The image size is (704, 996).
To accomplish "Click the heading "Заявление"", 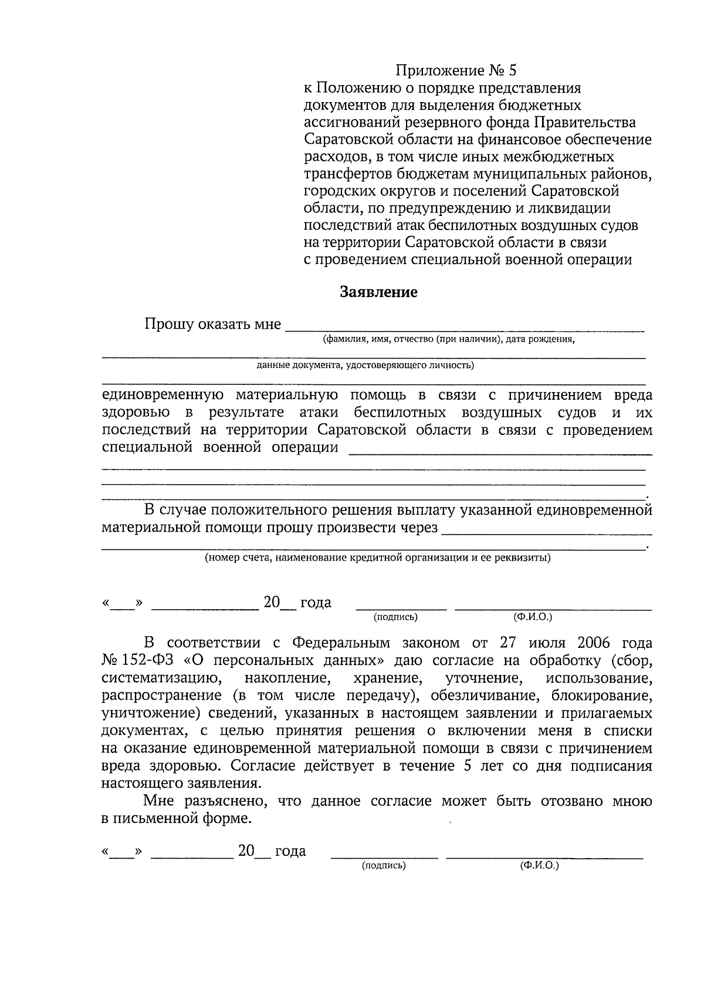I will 379,292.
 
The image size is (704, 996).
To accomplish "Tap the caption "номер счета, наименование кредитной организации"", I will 377,557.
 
